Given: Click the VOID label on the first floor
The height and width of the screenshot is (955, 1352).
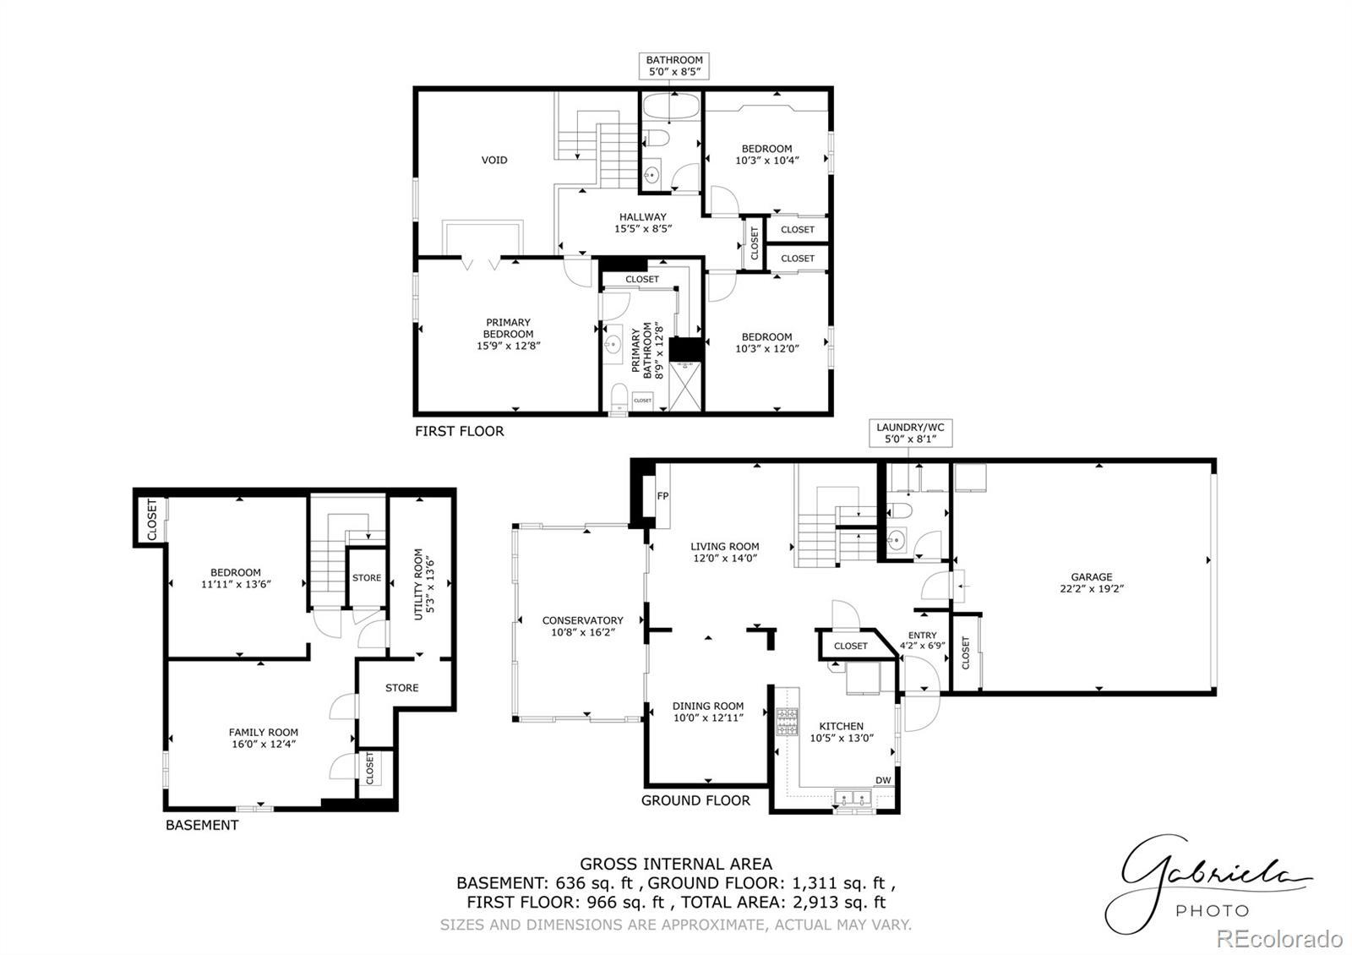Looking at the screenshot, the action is point(493,160).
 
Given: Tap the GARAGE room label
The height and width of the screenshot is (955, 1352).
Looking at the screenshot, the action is point(1091,577).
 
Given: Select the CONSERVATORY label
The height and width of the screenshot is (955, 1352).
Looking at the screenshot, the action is point(582,620).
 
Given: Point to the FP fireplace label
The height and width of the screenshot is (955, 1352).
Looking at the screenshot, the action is point(662,496).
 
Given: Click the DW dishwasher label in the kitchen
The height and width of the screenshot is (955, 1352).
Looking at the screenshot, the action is point(883,781).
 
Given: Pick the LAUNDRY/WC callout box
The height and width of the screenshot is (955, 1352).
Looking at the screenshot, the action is point(911,433).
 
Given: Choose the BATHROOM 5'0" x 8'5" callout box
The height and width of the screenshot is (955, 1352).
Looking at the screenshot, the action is point(674,66).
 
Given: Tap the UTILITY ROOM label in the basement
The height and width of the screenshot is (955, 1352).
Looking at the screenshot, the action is point(418,584).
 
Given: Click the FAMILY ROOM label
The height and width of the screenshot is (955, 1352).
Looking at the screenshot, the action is point(263,732).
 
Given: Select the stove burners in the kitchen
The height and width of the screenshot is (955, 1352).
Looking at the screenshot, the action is point(787,722).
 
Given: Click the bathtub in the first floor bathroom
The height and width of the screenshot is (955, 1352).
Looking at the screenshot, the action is point(671,107).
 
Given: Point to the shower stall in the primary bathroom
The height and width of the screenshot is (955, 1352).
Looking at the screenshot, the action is point(685,386).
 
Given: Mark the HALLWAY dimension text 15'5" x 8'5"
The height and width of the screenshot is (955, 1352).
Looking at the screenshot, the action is point(643,229).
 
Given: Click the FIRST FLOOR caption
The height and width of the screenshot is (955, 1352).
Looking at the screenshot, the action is point(460,431).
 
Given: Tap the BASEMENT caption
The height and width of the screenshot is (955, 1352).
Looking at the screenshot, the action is point(202,825).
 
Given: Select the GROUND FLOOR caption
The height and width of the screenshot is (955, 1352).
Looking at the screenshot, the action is point(695,800).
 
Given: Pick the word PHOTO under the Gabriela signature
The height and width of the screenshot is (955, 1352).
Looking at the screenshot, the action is point(1212,910).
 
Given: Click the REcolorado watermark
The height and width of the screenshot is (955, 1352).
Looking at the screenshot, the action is point(1279,939).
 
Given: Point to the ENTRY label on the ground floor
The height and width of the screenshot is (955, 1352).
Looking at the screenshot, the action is point(922,635).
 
